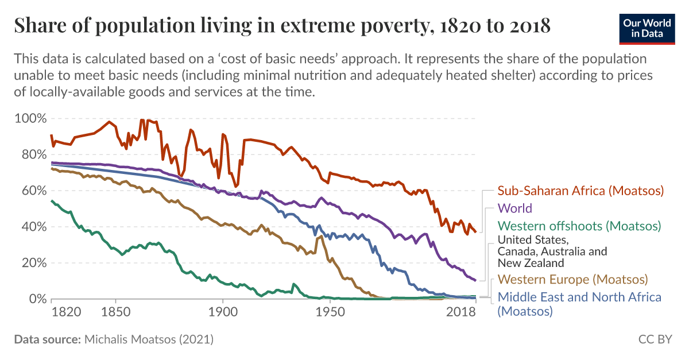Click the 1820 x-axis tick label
coord(64,312)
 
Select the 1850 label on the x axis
coord(115,312)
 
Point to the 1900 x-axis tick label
coord(222,312)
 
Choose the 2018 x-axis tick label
coord(461,312)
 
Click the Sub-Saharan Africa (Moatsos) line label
coord(580,191)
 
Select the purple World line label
coord(514,208)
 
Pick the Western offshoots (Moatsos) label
coord(579,226)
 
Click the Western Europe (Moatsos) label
coord(572,280)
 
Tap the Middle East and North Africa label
coord(579,297)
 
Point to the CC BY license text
coord(655,339)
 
